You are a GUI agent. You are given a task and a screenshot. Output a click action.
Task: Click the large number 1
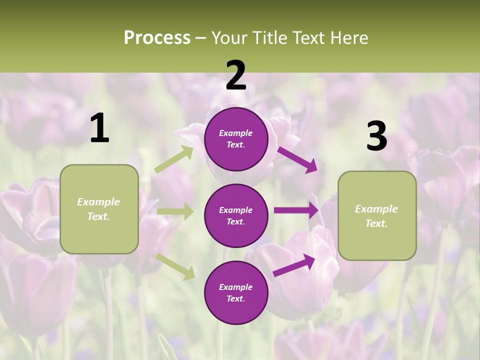[x=99, y=128]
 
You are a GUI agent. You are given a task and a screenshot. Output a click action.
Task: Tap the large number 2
[x=236, y=75]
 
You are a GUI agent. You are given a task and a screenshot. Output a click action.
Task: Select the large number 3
[x=376, y=136]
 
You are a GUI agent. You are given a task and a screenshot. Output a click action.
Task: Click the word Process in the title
[x=157, y=37]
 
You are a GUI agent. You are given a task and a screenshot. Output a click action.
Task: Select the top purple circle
[x=236, y=139]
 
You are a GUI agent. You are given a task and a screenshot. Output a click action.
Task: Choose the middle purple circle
[x=236, y=215]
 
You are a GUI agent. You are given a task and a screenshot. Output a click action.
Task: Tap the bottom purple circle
[x=236, y=292]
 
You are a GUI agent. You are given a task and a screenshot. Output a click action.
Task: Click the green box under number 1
[x=99, y=209]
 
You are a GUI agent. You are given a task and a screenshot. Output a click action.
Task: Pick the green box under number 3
[x=377, y=215]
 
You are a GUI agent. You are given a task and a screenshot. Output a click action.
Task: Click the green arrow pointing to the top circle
[x=174, y=159]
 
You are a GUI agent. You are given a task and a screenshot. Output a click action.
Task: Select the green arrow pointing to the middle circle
[x=175, y=212]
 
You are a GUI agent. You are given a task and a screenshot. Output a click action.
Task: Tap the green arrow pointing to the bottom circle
[x=175, y=266]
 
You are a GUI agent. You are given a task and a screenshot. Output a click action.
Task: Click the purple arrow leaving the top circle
[x=297, y=159]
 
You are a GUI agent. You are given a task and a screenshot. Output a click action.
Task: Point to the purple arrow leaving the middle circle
[x=296, y=210]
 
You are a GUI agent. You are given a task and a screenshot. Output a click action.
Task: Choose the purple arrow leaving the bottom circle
[x=294, y=265]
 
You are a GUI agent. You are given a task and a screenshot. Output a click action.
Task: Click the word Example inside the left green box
[x=98, y=202]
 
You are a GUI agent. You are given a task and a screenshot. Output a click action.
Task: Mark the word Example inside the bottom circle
[x=236, y=287]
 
